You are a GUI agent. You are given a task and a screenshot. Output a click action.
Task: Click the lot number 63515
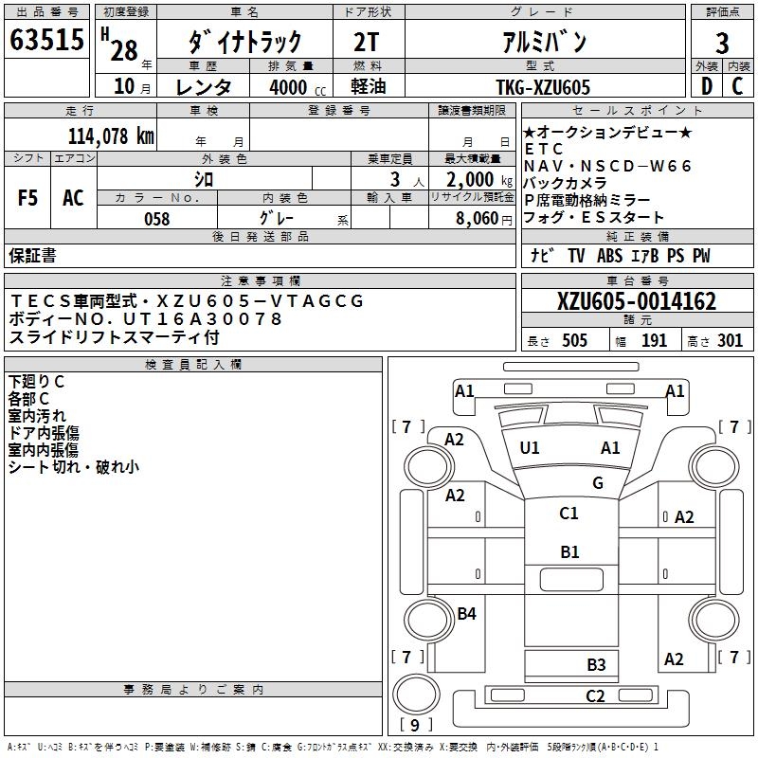46,42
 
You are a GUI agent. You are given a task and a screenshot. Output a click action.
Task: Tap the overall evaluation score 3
722,43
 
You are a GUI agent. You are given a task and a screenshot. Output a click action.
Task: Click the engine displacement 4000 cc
290,87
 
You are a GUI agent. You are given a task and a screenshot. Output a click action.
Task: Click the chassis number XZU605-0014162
637,301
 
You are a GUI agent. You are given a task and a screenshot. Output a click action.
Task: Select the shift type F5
28,198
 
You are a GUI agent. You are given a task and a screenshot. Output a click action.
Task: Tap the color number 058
157,219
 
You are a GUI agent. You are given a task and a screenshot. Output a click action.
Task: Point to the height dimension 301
731,341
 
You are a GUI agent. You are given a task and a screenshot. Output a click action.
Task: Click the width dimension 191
655,341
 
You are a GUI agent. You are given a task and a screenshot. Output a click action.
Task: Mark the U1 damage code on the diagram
530,447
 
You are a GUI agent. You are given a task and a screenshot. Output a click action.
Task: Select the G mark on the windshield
597,482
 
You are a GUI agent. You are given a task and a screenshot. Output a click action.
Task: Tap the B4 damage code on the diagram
466,613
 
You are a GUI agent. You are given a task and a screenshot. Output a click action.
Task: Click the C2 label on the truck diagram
595,696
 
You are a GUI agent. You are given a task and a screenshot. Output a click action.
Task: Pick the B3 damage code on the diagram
595,664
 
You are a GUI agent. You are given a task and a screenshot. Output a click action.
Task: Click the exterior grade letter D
706,87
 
